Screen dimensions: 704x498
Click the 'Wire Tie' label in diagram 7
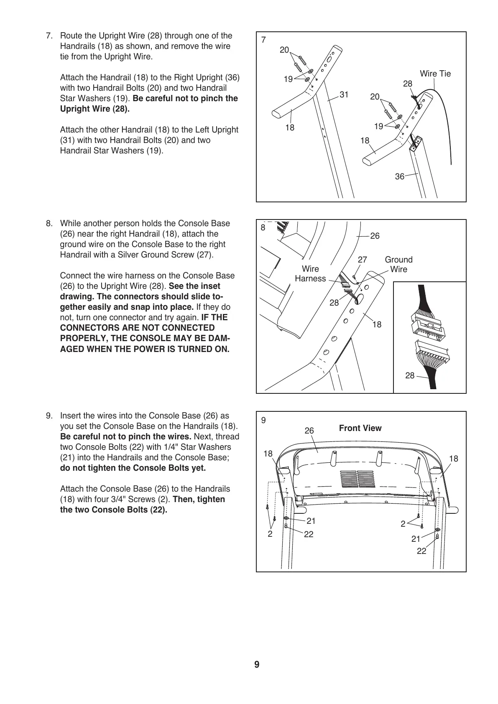click(435, 74)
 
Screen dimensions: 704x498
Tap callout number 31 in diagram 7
click(344, 95)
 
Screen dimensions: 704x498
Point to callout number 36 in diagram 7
click(399, 177)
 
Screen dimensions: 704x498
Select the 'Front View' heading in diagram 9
click(360, 428)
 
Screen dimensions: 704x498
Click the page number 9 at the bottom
click(256, 665)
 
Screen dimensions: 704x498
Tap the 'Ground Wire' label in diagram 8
click(398, 265)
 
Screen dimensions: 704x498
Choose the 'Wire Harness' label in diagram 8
click(310, 274)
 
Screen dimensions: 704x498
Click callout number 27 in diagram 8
click(362, 260)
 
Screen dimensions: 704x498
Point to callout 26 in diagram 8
click(375, 236)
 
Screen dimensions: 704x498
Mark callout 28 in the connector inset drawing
click(409, 376)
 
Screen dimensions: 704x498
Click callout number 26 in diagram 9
click(309, 431)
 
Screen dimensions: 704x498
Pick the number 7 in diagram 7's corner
click(263, 40)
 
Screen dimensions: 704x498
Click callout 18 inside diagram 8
click(377, 324)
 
